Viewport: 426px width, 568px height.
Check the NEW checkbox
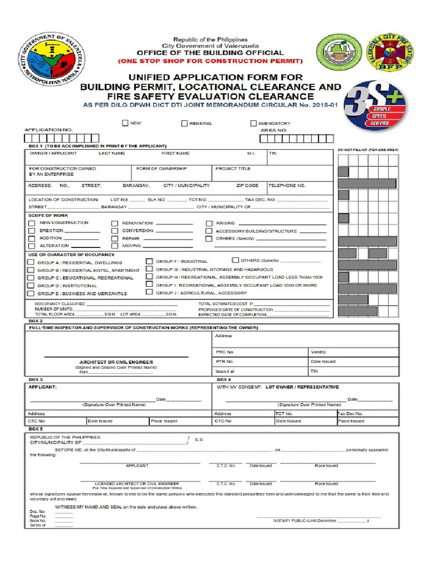[x=125, y=123]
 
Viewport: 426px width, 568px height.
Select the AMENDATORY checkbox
[x=253, y=123]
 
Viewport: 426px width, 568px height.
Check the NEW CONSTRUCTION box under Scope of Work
[x=32, y=223]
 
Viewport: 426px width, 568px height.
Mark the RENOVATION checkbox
[x=115, y=223]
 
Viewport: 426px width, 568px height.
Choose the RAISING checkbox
[x=209, y=223]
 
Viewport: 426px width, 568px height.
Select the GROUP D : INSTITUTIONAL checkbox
[x=31, y=286]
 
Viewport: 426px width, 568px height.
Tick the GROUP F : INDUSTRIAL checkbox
[x=149, y=261]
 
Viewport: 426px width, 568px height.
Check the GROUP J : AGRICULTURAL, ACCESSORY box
[x=149, y=292]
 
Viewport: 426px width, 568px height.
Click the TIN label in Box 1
[x=272, y=153]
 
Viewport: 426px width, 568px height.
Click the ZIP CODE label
[x=247, y=186]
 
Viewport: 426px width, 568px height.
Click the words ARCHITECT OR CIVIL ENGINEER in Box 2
[x=116, y=362]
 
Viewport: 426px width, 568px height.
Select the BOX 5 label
[x=35, y=429]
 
